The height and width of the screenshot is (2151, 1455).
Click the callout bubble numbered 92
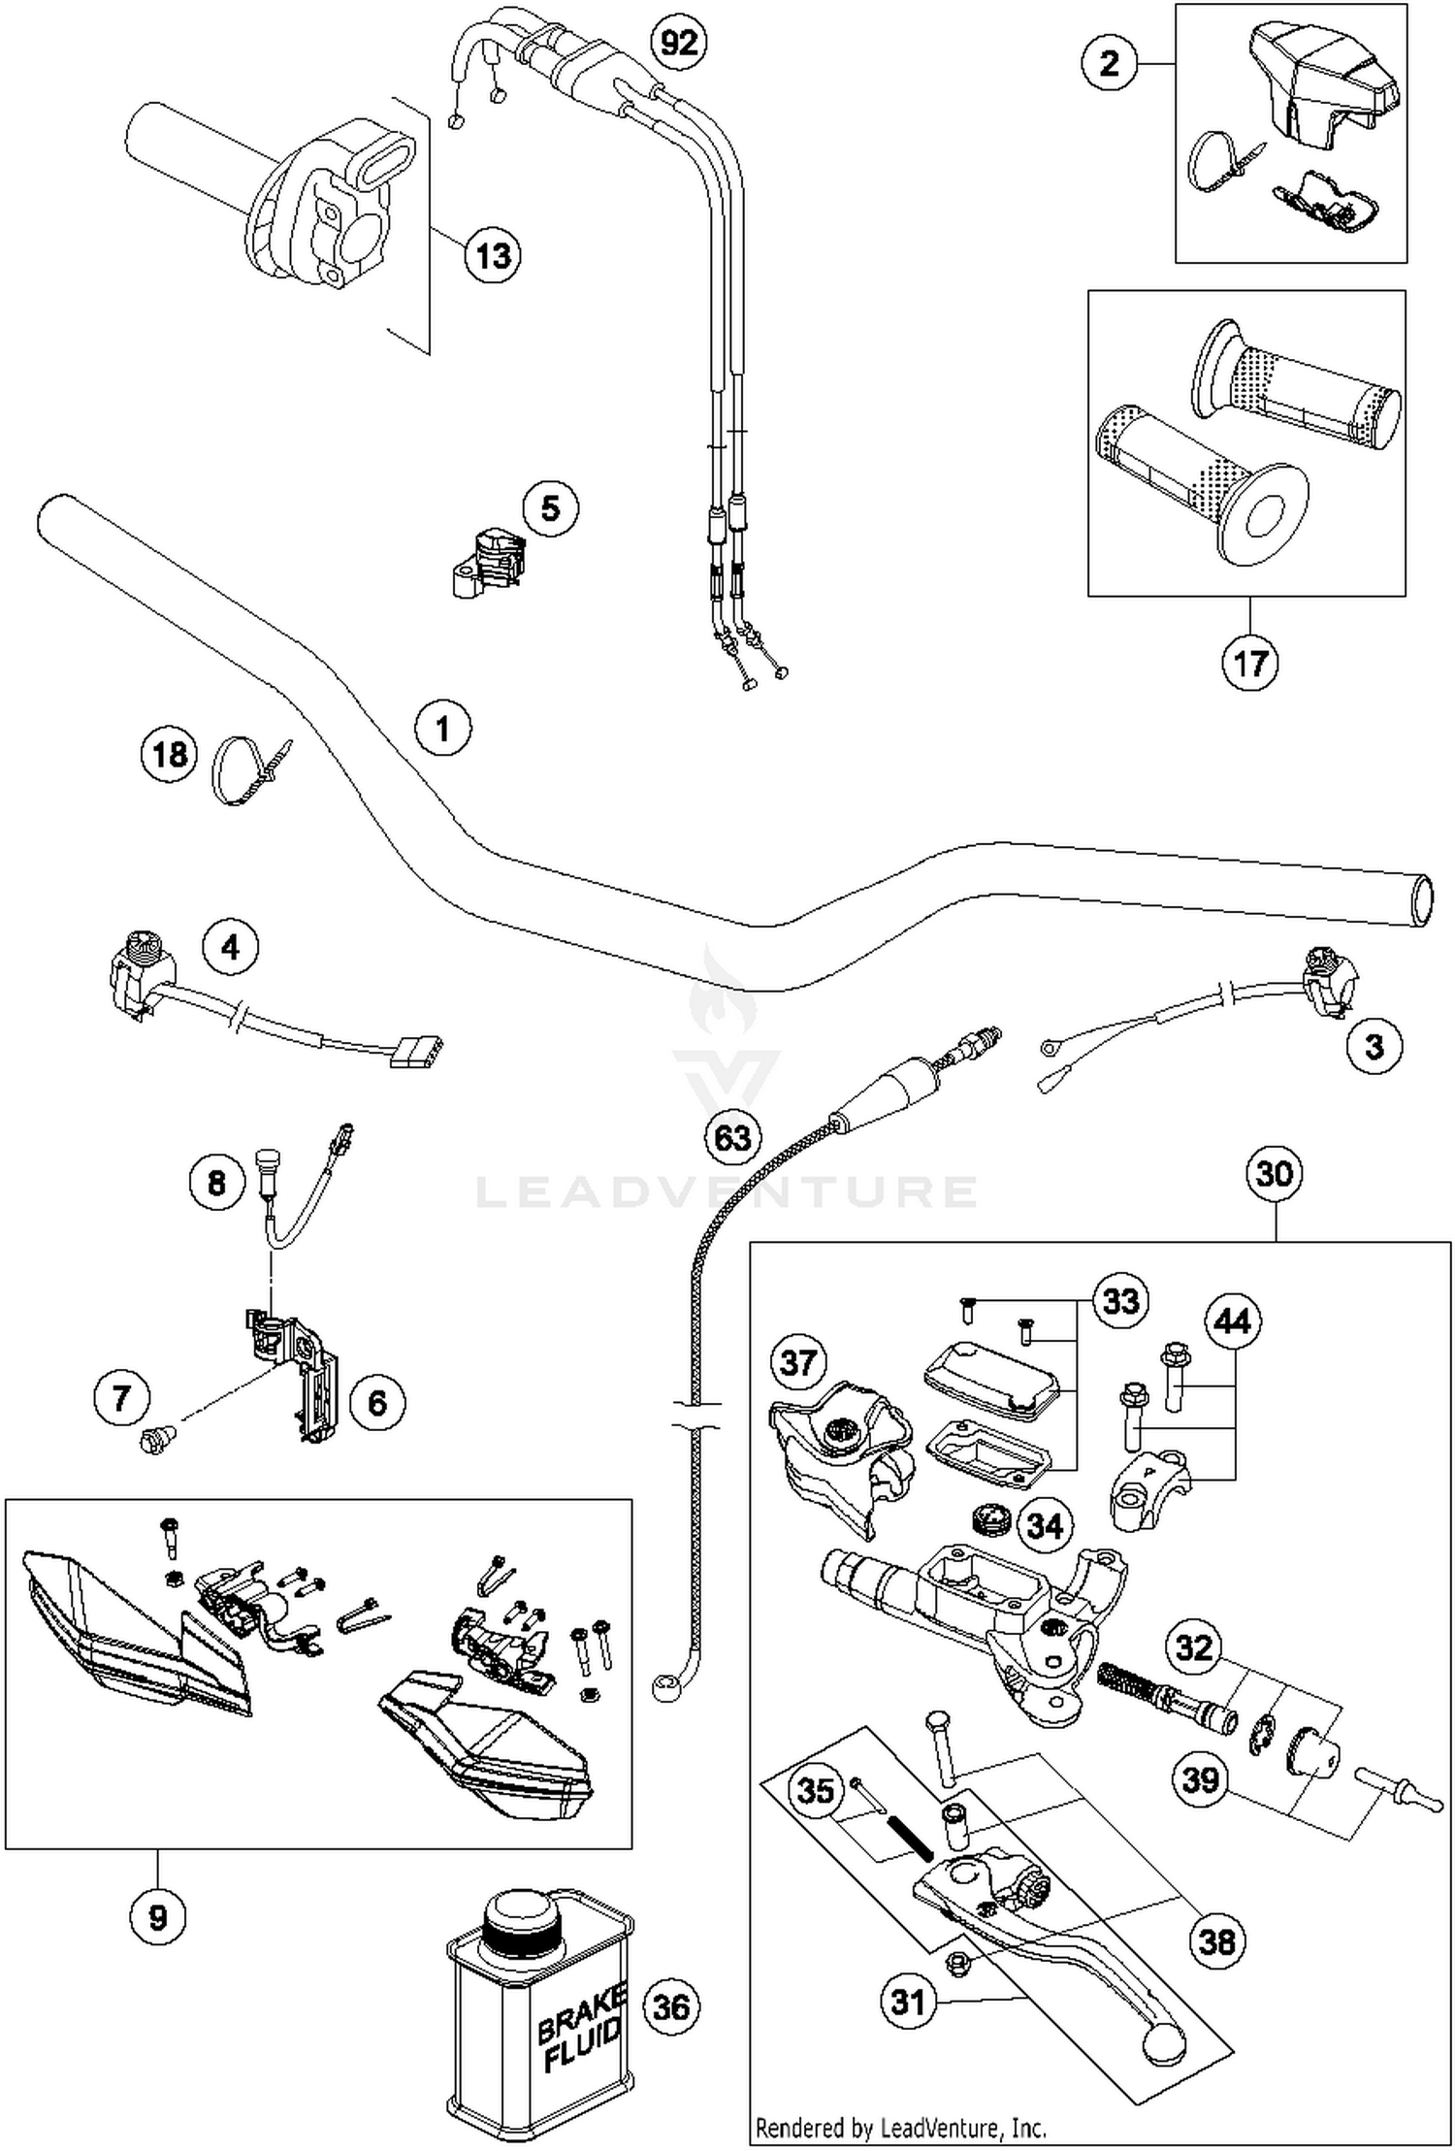coord(678,43)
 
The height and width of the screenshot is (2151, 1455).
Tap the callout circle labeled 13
coord(493,256)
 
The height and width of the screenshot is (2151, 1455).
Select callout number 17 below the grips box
coord(1249,664)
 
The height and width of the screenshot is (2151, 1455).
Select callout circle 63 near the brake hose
coord(732,1136)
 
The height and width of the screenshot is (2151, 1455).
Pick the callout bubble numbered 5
coord(550,507)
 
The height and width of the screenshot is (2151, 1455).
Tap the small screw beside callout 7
coord(155,1439)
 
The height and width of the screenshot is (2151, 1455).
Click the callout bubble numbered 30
coord(1274,1174)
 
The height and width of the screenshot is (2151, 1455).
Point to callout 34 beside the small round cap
coord(1045,1525)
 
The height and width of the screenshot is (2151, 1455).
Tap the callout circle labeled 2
coord(1110,64)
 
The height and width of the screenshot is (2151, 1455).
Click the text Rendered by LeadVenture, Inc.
coord(901,2128)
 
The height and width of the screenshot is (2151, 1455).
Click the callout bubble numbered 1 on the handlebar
coord(442,728)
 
